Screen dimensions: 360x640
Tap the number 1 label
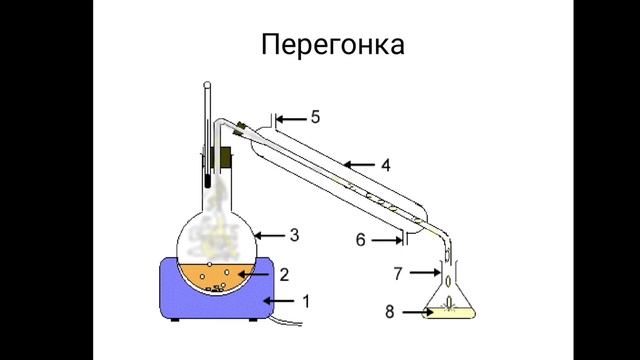[306, 300]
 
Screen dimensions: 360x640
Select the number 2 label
[283, 273]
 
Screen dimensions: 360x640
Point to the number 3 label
[294, 236]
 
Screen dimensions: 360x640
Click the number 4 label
[385, 162]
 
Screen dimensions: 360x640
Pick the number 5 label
[315, 118]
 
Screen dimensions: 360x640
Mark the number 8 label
[388, 312]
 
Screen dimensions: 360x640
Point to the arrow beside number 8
[411, 312]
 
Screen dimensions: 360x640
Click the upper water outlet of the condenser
[271, 122]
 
